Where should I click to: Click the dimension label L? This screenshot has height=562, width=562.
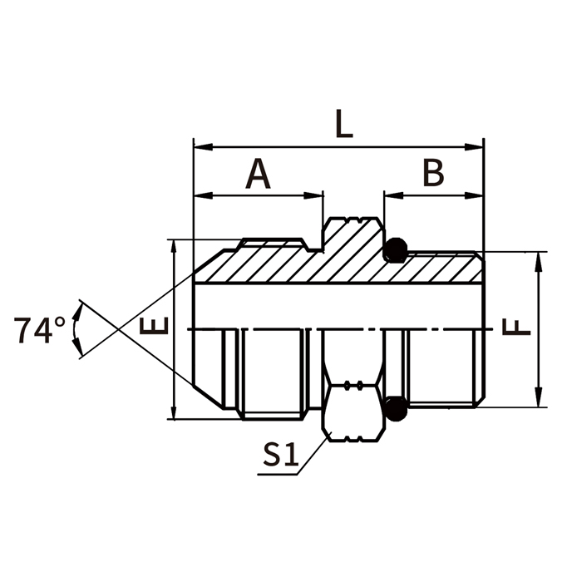point(343,124)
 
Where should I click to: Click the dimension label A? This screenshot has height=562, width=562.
point(259,175)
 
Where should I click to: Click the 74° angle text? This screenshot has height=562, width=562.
point(39,330)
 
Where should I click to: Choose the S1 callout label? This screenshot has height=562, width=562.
point(280,454)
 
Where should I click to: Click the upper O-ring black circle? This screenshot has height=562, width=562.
point(397,249)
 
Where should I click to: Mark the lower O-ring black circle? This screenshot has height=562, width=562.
point(397,407)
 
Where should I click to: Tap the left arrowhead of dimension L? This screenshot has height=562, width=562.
point(200,147)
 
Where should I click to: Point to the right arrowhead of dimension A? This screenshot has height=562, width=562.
point(316,197)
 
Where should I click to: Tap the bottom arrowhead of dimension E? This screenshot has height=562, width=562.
point(174,412)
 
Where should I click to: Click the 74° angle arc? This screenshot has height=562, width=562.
point(77,330)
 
